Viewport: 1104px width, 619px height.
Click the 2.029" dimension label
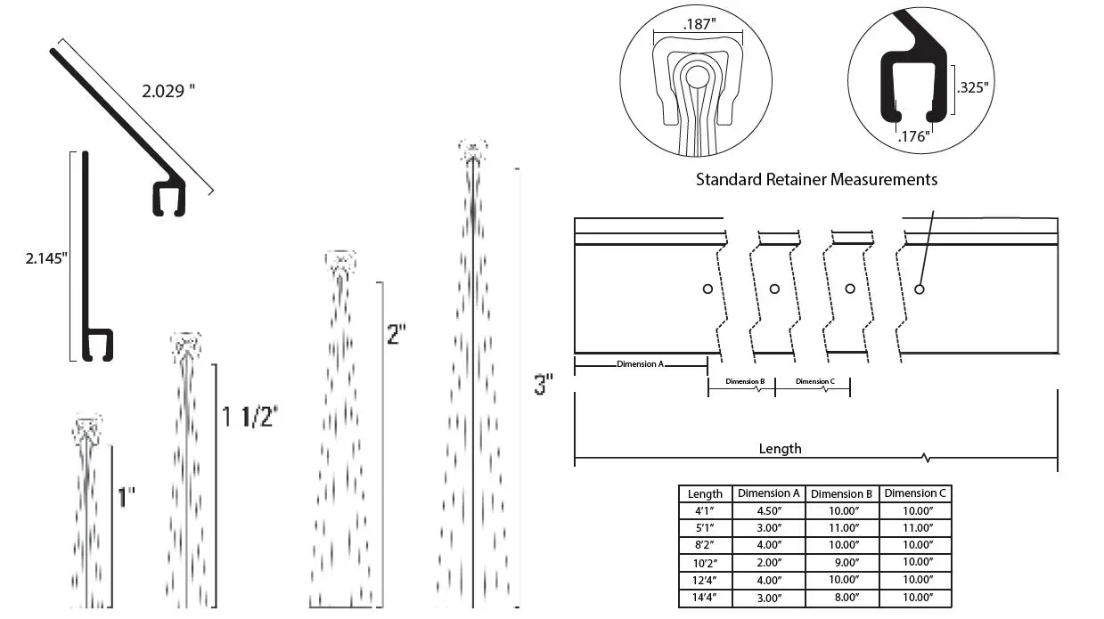168,91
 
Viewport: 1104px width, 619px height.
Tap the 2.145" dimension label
46,257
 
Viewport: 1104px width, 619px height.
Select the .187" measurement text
699,24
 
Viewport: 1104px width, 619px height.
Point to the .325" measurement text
973,87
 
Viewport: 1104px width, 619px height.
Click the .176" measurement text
914,136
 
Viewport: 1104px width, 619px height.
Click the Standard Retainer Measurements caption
817,179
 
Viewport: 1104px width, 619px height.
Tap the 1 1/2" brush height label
249,417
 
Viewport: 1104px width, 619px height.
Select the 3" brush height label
544,384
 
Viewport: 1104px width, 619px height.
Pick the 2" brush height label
397,334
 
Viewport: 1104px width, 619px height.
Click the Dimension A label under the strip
641,364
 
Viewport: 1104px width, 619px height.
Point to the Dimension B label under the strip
745,381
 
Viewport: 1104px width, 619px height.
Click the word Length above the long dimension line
781,449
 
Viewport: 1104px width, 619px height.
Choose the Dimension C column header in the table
915,493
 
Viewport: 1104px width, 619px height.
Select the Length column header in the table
705,493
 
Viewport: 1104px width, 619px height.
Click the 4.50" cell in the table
769,511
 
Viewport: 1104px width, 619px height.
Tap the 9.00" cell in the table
846,562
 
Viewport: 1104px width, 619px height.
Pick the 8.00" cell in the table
846,598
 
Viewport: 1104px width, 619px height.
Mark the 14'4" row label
704,598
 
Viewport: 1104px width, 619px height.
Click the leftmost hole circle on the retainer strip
707,289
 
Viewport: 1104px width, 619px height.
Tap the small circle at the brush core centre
697,77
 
